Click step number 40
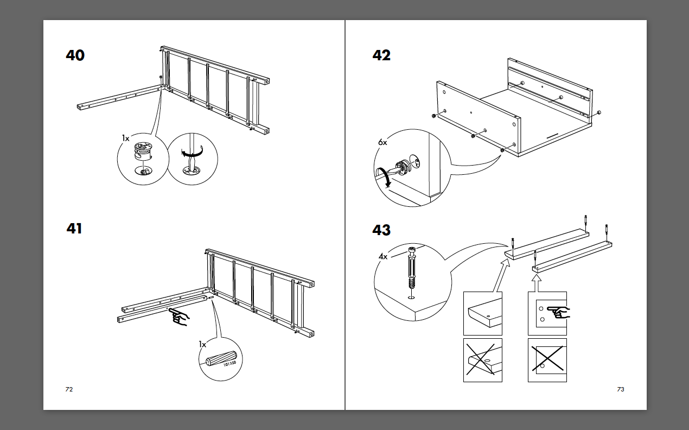tap(75, 55)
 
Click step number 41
tap(74, 229)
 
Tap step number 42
tap(381, 55)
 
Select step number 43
tap(381, 230)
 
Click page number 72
tap(69, 389)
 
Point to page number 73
tap(621, 389)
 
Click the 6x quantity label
tap(382, 142)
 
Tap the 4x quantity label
tap(382, 256)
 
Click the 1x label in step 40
tap(126, 139)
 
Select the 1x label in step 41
tap(202, 344)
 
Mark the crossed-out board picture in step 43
tap(482, 360)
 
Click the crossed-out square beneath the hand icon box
tap(547, 360)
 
